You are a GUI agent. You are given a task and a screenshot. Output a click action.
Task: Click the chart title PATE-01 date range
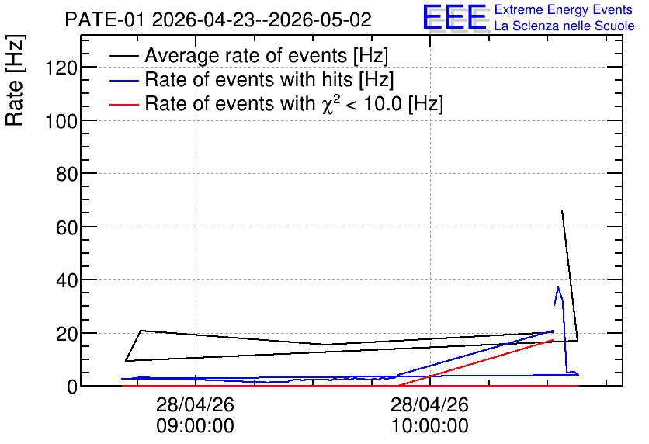point(218,20)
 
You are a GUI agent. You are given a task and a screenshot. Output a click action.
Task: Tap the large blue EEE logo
point(454,17)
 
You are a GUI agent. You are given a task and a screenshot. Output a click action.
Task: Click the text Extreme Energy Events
point(564,9)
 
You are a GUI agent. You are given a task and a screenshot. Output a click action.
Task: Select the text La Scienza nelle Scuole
point(564,26)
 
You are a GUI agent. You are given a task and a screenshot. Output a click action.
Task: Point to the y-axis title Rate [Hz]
point(15,80)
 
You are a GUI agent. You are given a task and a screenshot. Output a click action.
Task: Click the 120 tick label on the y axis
point(61,68)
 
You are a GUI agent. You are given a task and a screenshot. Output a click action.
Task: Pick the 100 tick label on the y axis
point(61,121)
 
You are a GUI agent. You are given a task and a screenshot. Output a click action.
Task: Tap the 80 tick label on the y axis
point(67,174)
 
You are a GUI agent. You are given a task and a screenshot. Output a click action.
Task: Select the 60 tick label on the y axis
point(67,227)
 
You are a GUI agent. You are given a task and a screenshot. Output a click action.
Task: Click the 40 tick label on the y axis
point(67,280)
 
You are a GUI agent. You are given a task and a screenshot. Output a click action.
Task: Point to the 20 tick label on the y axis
point(67,334)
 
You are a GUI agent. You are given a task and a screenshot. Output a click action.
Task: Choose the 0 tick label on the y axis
point(72,387)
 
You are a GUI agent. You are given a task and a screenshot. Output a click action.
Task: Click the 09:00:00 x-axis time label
point(196,426)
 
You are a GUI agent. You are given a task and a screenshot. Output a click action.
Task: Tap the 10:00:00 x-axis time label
point(429,426)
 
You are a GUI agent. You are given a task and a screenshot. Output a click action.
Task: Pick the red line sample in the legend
point(124,105)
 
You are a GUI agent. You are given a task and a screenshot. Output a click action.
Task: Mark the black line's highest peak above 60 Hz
point(562,210)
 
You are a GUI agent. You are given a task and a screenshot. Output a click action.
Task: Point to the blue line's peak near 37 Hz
point(558,287)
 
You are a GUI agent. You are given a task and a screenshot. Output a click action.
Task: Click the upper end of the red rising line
point(553,340)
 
